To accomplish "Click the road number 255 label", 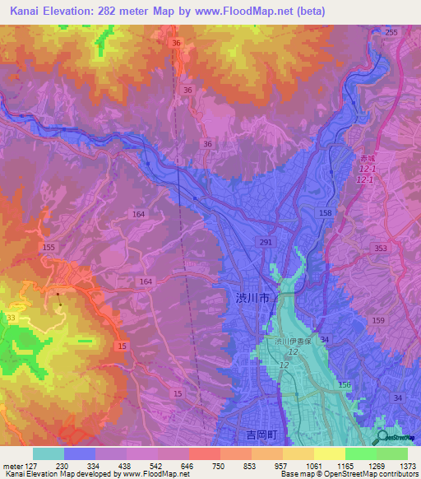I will tap(391, 32).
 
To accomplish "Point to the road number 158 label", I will tap(326, 213).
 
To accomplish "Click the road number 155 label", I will tap(49, 247).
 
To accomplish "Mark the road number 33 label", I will tap(10, 318).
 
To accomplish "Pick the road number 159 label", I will tap(377, 321).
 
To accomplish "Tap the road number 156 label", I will tap(344, 385).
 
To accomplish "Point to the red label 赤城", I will tap(365, 156).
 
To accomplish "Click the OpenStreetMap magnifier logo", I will tap(383, 437).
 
